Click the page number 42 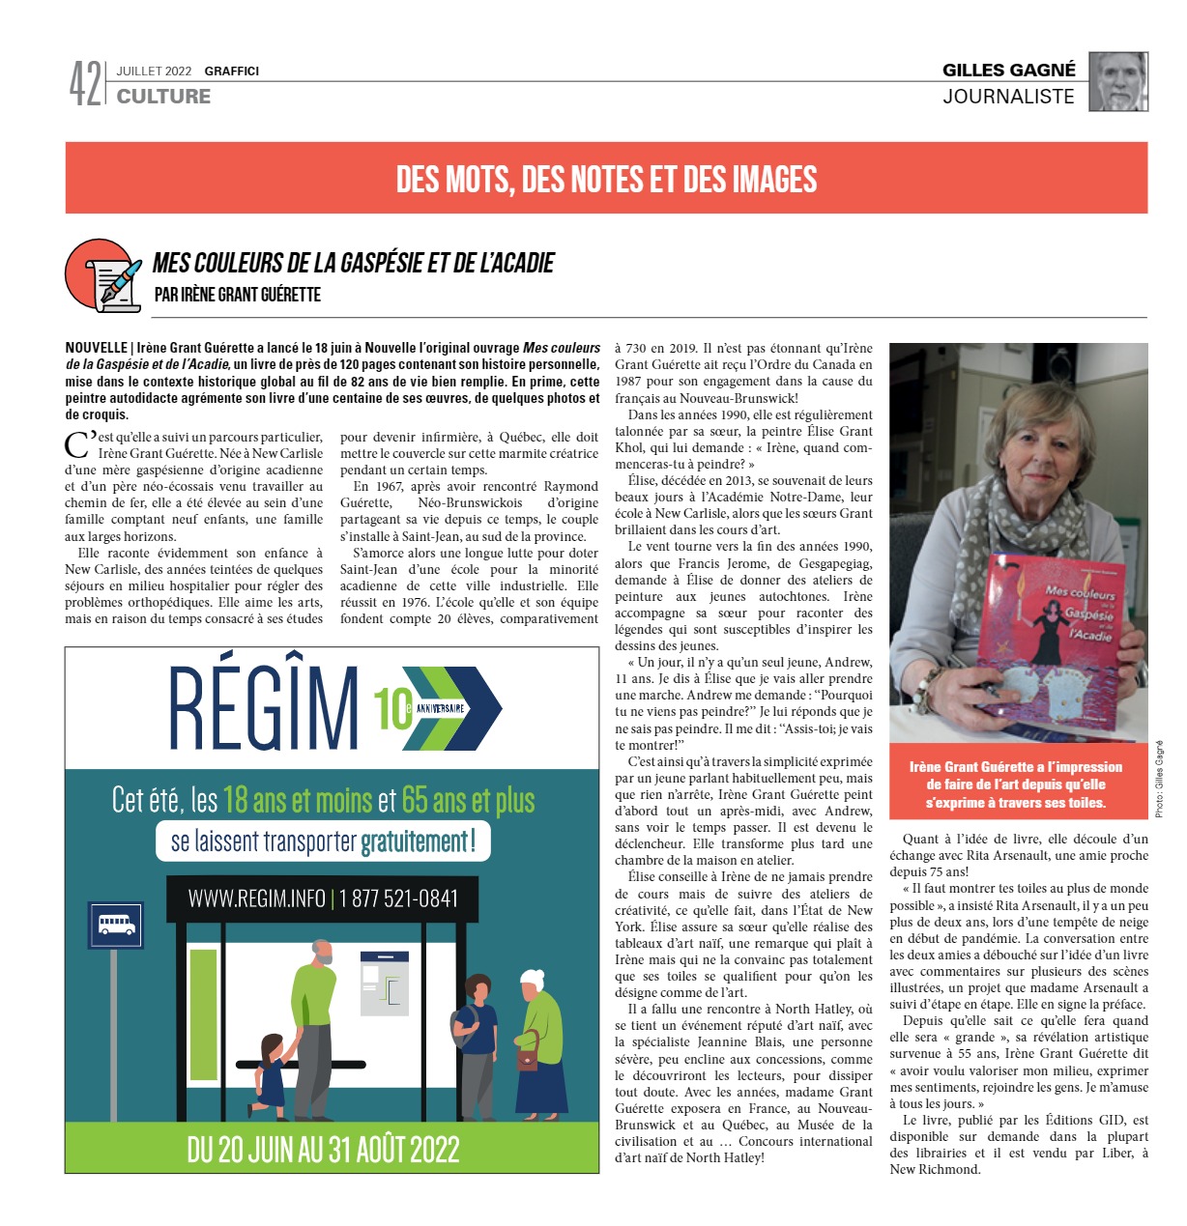(84, 83)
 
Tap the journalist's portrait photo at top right (1118, 82)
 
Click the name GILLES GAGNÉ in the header (1008, 70)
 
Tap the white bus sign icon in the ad (116, 925)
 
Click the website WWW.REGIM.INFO (256, 898)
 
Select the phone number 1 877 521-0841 (396, 898)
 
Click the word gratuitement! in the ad (418, 841)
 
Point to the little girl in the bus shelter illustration (270, 1069)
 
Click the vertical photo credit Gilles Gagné (1159, 779)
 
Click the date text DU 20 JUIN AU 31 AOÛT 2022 (323, 1150)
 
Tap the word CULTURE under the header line (163, 96)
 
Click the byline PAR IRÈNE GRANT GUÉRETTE (238, 295)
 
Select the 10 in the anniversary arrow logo (392, 708)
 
